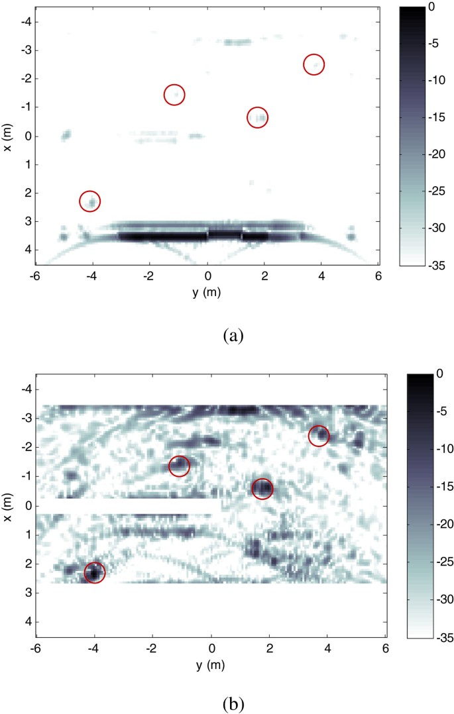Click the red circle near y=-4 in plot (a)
click(90, 201)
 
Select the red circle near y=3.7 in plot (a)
click(314, 64)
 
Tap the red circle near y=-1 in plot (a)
click(174, 95)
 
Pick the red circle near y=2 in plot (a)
click(257, 117)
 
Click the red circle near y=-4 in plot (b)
click(94, 573)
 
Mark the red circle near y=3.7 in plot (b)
click(319, 436)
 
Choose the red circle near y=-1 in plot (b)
click(179, 466)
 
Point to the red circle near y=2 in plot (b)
click(262, 488)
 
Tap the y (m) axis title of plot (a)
click(207, 293)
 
